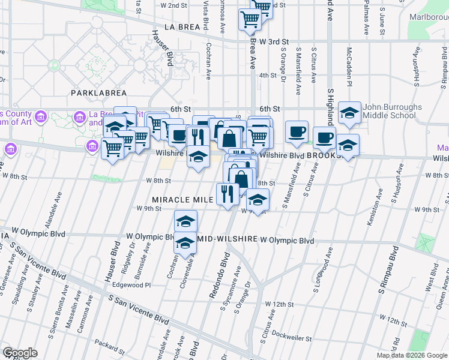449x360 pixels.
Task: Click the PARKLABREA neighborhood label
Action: pyautogui.click(x=98, y=93)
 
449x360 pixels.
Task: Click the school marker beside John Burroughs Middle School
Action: pyautogui.click(x=349, y=112)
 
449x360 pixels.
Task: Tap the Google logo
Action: pyautogui.click(x=19, y=353)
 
